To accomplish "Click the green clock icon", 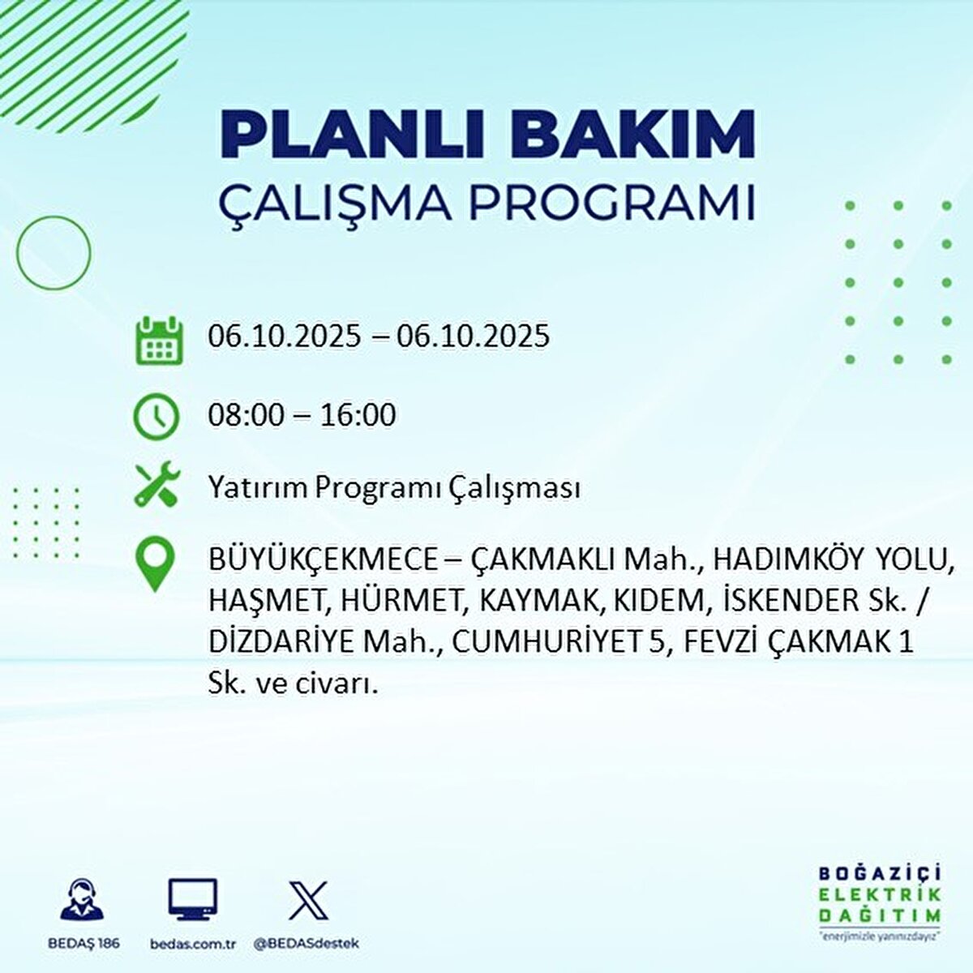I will (x=156, y=416).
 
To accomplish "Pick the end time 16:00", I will (x=358, y=415).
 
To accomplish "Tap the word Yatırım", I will (x=258, y=489).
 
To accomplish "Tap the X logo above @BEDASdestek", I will (x=309, y=900).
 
